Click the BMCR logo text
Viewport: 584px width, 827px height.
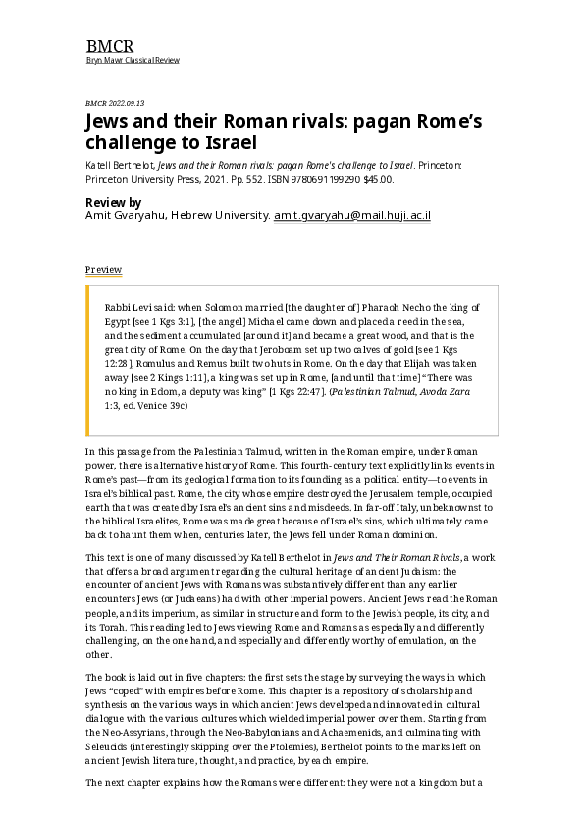(x=110, y=46)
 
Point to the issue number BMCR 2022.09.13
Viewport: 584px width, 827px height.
(x=115, y=103)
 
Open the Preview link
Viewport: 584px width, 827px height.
(x=103, y=270)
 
